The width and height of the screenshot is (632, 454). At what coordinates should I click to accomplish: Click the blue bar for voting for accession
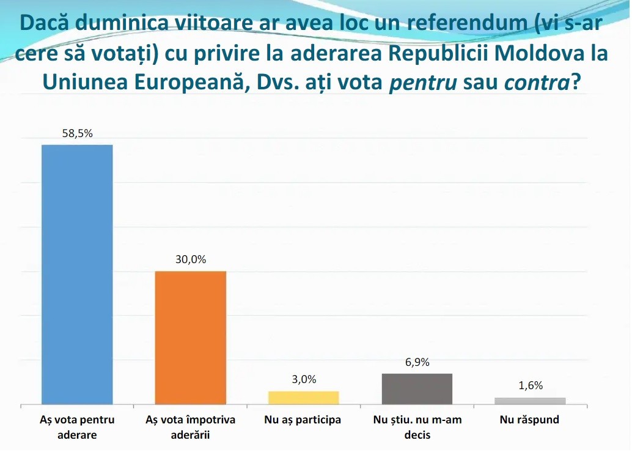(x=78, y=274)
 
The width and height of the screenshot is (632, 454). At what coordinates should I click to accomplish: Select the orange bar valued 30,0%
(x=191, y=338)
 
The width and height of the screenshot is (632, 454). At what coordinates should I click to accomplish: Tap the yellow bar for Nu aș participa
(x=304, y=398)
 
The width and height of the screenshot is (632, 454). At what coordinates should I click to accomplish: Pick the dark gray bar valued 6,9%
(x=417, y=389)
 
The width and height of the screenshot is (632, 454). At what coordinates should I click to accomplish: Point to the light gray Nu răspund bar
(x=531, y=401)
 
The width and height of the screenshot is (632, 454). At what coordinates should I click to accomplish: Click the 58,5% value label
(x=78, y=133)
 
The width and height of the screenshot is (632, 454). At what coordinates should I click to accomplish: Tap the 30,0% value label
(x=191, y=259)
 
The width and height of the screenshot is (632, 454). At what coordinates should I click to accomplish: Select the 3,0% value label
(x=304, y=380)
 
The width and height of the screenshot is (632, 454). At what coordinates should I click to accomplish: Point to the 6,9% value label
(x=417, y=362)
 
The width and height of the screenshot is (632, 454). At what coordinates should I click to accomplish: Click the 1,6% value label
(x=531, y=386)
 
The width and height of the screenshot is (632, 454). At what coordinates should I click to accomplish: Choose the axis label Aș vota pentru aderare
(x=77, y=427)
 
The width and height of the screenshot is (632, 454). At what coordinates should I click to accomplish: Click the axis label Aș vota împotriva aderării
(x=190, y=427)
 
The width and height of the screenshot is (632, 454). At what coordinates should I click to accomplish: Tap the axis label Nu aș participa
(x=303, y=420)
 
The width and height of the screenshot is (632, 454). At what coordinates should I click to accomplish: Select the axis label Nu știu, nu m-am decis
(x=417, y=427)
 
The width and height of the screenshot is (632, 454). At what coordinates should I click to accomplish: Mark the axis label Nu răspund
(x=529, y=420)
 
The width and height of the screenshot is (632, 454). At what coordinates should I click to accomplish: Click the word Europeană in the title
(x=192, y=83)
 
